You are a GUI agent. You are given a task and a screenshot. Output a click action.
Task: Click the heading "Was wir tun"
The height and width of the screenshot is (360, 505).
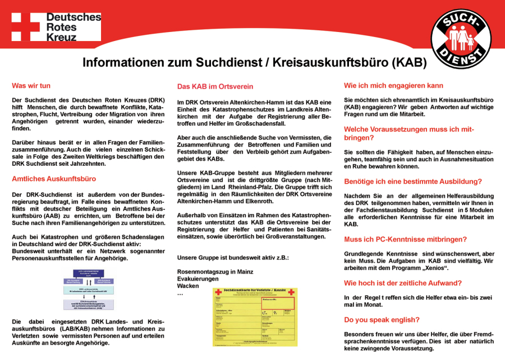(31, 86)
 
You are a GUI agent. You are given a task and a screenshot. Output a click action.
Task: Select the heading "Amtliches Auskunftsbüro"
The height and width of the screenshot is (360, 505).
(54, 179)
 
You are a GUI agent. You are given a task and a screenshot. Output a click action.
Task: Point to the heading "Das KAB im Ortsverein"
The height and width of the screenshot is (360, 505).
(215, 86)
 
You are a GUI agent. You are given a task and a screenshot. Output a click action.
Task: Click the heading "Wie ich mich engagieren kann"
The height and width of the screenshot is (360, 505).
(393, 86)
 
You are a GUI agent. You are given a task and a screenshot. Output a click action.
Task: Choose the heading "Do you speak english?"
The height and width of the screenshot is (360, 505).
(382, 320)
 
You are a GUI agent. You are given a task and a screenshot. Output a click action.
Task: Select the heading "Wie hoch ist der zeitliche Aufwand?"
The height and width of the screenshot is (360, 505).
(403, 282)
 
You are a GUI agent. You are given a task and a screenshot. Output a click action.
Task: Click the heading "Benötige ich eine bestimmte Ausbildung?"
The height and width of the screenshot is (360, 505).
(412, 181)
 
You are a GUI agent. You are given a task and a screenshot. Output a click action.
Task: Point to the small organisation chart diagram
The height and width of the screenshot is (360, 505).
(89, 289)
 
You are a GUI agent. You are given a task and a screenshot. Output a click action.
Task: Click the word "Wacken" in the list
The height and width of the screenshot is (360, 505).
(187, 286)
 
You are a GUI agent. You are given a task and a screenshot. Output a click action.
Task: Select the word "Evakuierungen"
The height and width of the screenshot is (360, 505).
(198, 279)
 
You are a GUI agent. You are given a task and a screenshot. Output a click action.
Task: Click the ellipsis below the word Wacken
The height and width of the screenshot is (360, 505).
(180, 294)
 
